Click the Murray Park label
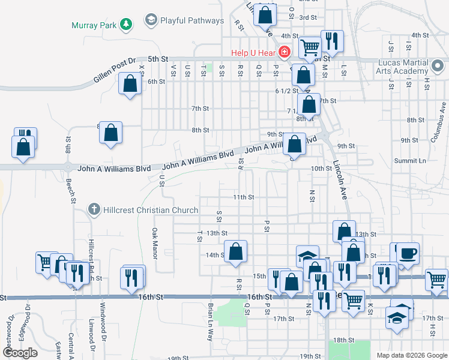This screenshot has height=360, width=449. pyautogui.click(x=93, y=25)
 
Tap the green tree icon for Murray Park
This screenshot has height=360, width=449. pyautogui.click(x=125, y=24)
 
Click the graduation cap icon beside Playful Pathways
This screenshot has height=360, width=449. pyautogui.click(x=151, y=21)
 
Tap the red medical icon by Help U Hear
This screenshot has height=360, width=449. pyautogui.click(x=285, y=53)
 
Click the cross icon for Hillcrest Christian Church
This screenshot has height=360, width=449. pyautogui.click(x=93, y=209)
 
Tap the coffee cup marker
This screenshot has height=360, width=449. pyautogui.click(x=408, y=253)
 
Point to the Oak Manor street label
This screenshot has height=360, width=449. pyautogui.click(x=154, y=243)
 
